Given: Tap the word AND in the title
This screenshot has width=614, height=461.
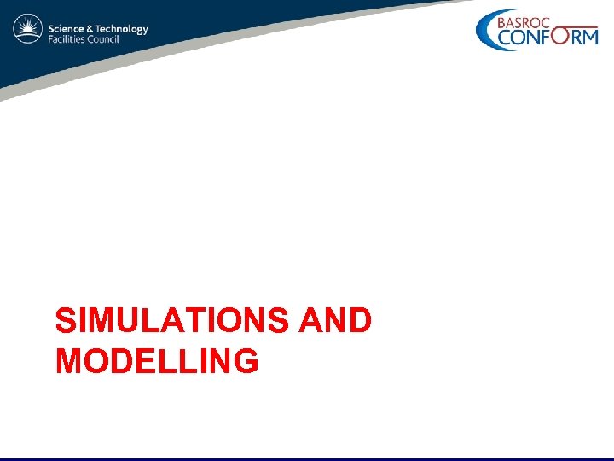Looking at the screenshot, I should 336,321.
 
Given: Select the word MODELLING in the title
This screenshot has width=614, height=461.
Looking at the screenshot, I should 156,361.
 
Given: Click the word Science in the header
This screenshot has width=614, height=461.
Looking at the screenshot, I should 65,28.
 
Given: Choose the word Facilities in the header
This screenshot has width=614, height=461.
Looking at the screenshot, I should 66,40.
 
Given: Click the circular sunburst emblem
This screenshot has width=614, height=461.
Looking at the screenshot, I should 27,31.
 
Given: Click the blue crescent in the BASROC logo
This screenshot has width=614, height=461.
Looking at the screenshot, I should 486,31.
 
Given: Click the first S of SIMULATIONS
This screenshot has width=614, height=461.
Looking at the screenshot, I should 65,321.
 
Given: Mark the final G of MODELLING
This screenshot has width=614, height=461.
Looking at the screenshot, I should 246,361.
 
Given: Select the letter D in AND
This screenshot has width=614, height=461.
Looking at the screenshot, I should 360,321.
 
